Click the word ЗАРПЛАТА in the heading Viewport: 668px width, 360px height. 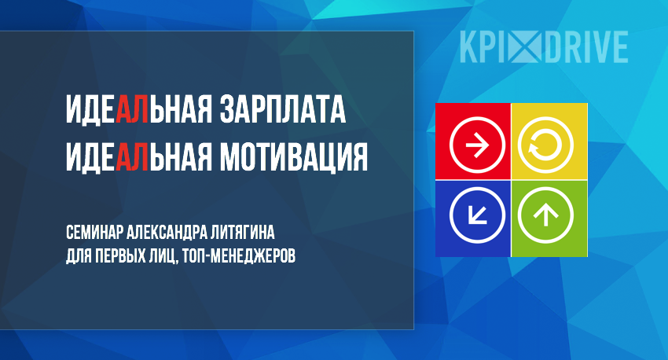click(x=282, y=109)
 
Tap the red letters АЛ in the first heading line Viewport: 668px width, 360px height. click(x=133, y=109)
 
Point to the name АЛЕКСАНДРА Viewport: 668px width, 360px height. click(x=166, y=233)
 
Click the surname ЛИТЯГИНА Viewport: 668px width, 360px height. click(x=242, y=233)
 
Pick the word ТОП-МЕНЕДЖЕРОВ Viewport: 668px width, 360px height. click(x=238, y=256)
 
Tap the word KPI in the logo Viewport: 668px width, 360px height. click(x=483, y=47)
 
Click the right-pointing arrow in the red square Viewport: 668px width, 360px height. click(x=477, y=145)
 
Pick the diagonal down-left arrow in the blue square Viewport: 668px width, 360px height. click(x=477, y=215)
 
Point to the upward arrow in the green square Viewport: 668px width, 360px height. click(x=545, y=215)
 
